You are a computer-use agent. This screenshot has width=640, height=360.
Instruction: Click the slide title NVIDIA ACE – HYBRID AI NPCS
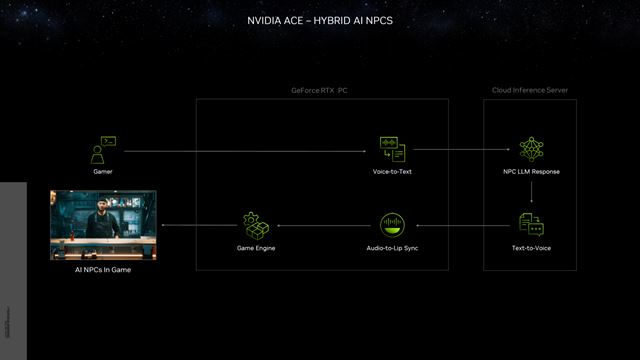click(x=319, y=19)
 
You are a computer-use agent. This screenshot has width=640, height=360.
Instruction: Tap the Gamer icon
click(x=103, y=150)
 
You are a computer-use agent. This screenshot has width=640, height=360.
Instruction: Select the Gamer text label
click(x=103, y=172)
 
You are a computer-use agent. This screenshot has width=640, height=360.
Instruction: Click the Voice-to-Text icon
click(x=391, y=150)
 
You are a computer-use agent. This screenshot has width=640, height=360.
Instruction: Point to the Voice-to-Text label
click(x=391, y=172)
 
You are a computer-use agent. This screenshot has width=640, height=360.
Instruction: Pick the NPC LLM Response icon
click(x=531, y=150)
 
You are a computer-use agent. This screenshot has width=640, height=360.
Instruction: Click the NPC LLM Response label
click(x=531, y=172)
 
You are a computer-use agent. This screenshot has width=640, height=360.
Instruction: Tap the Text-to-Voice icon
click(x=531, y=224)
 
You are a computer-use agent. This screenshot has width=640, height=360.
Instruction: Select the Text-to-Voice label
click(x=531, y=246)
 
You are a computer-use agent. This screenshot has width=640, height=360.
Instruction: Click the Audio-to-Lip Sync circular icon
click(x=392, y=224)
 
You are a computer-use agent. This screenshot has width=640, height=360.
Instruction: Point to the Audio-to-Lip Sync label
click(x=392, y=246)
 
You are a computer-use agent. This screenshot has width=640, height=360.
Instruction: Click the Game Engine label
click(x=256, y=246)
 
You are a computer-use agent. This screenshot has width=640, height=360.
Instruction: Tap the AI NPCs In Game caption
click(x=103, y=270)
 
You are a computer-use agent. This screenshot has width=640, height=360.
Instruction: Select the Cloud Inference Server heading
click(x=531, y=90)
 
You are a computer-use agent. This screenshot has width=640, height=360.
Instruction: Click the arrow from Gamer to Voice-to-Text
click(x=245, y=151)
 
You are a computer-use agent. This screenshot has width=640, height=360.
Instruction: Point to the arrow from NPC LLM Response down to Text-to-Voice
click(x=531, y=195)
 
